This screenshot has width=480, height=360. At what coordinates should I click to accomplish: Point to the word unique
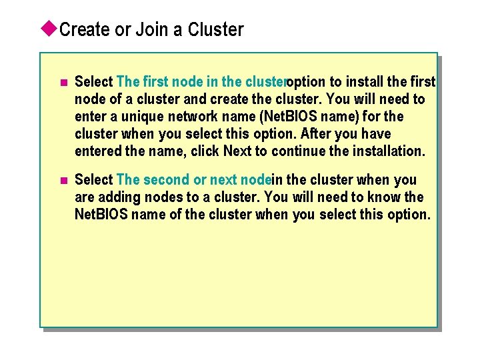(x=142, y=117)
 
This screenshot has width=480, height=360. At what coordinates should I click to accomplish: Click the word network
(x=193, y=117)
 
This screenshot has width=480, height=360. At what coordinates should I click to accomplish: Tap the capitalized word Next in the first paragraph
(x=237, y=151)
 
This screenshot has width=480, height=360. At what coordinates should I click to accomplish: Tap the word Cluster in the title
(x=216, y=30)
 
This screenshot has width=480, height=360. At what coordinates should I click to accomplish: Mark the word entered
(x=99, y=151)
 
